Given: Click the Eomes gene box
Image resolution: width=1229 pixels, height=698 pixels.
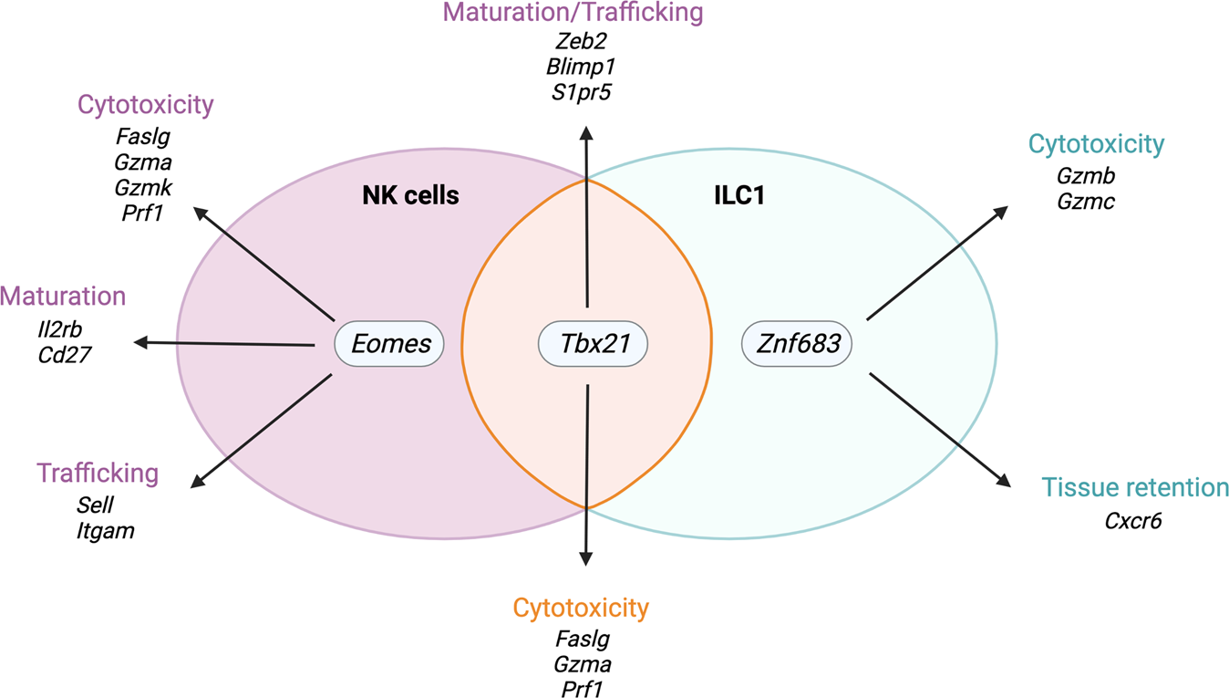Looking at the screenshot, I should coord(389,345).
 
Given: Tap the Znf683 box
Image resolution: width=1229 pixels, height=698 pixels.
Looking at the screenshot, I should coord(796,345).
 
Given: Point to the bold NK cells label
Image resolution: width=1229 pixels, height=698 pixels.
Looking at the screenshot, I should coord(410,195).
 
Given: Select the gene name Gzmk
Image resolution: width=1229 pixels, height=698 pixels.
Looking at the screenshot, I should coord(144,187).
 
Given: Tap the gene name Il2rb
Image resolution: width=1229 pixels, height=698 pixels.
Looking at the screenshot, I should coord(61,328).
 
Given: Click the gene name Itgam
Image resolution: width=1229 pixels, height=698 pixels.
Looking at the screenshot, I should coord(106,530).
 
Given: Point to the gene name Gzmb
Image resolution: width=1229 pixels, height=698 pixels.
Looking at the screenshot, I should coord(1085,175).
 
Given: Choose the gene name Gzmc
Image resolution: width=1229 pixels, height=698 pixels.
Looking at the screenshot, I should coord(1085,201).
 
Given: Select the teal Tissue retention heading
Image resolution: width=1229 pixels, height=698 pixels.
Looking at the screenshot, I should coord(1135,487).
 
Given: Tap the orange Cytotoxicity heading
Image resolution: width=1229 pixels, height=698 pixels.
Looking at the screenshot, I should coord(581,608).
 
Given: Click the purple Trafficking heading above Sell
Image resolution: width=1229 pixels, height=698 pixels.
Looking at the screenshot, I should coord(98,474).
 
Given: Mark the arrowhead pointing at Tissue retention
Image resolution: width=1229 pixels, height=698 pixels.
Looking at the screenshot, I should coord(1004,481).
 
